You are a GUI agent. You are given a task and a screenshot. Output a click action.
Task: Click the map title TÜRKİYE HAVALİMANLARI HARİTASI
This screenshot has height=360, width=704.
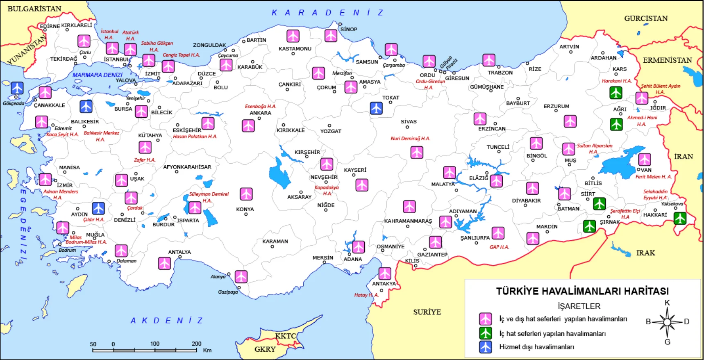[582, 291]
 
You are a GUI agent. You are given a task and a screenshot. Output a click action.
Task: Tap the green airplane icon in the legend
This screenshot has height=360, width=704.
[486, 333]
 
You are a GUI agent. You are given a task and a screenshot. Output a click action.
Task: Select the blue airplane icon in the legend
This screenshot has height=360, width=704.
[486, 347]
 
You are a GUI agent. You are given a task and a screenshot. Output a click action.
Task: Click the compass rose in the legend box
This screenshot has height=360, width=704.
[667, 322]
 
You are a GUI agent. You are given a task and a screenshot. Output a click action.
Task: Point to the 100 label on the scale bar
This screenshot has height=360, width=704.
[154, 344]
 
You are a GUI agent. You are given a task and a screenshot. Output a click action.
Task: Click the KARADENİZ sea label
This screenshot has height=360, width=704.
[327, 13]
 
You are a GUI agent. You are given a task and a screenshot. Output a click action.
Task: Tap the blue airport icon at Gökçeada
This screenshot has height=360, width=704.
[17, 88]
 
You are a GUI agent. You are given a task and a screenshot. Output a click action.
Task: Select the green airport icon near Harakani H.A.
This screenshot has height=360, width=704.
[615, 93]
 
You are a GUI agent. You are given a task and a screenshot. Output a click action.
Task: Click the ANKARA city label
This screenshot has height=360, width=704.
[260, 113]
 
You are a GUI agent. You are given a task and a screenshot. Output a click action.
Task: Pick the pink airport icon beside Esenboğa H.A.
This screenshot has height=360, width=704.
[248, 125]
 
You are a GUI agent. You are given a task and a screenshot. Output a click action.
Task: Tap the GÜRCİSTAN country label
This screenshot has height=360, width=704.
[646, 18]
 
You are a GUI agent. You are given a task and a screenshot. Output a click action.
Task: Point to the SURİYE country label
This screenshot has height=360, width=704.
[427, 312]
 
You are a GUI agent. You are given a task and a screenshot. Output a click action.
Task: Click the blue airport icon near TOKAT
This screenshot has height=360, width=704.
[376, 108]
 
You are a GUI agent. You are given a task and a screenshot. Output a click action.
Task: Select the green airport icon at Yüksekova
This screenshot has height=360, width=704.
[680, 218]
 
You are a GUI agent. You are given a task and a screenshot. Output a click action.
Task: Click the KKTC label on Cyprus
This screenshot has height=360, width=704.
[285, 336]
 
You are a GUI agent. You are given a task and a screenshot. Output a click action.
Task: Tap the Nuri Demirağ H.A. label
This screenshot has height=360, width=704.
[410, 139]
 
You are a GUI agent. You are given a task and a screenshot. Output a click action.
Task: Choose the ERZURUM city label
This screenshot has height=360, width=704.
[556, 106]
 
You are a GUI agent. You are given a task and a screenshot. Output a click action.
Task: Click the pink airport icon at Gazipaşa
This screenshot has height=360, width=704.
[241, 276]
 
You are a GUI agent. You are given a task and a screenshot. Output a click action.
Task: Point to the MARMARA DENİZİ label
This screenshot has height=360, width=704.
[98, 75]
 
